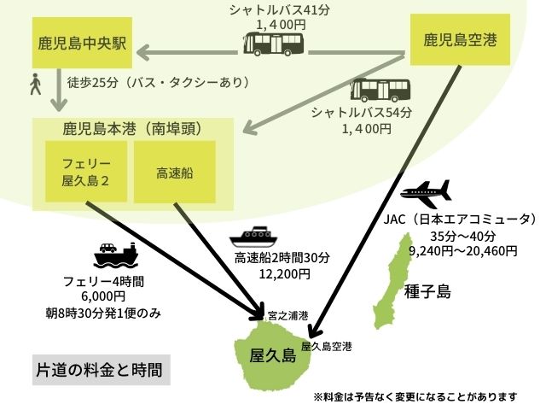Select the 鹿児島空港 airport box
click(x=461, y=39)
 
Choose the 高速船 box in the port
click(x=175, y=172)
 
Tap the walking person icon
click(x=35, y=84)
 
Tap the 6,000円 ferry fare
click(x=108, y=297)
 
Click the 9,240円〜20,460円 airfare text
click(x=463, y=250)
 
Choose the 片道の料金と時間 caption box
click(x=98, y=371)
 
